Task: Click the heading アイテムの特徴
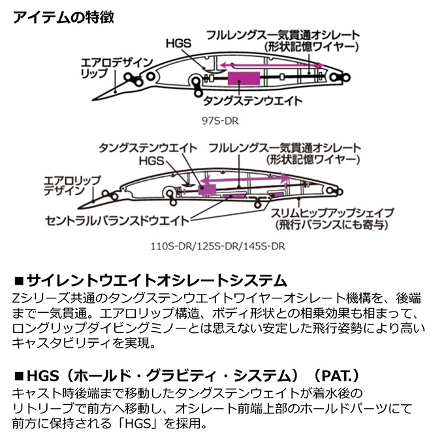(x=63, y=18)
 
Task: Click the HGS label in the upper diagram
(x=178, y=44)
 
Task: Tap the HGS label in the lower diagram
(x=151, y=161)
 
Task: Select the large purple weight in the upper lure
(x=244, y=78)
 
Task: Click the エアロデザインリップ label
(x=116, y=68)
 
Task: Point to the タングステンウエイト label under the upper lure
(x=253, y=101)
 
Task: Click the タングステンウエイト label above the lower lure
(x=148, y=148)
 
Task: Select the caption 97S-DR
(x=220, y=121)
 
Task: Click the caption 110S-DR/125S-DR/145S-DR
(x=217, y=246)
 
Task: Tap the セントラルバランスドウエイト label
(x=117, y=221)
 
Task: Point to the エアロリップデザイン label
(x=72, y=185)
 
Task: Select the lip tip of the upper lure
(x=93, y=99)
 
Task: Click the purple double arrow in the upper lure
(x=271, y=65)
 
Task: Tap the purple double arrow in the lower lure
(x=245, y=178)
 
